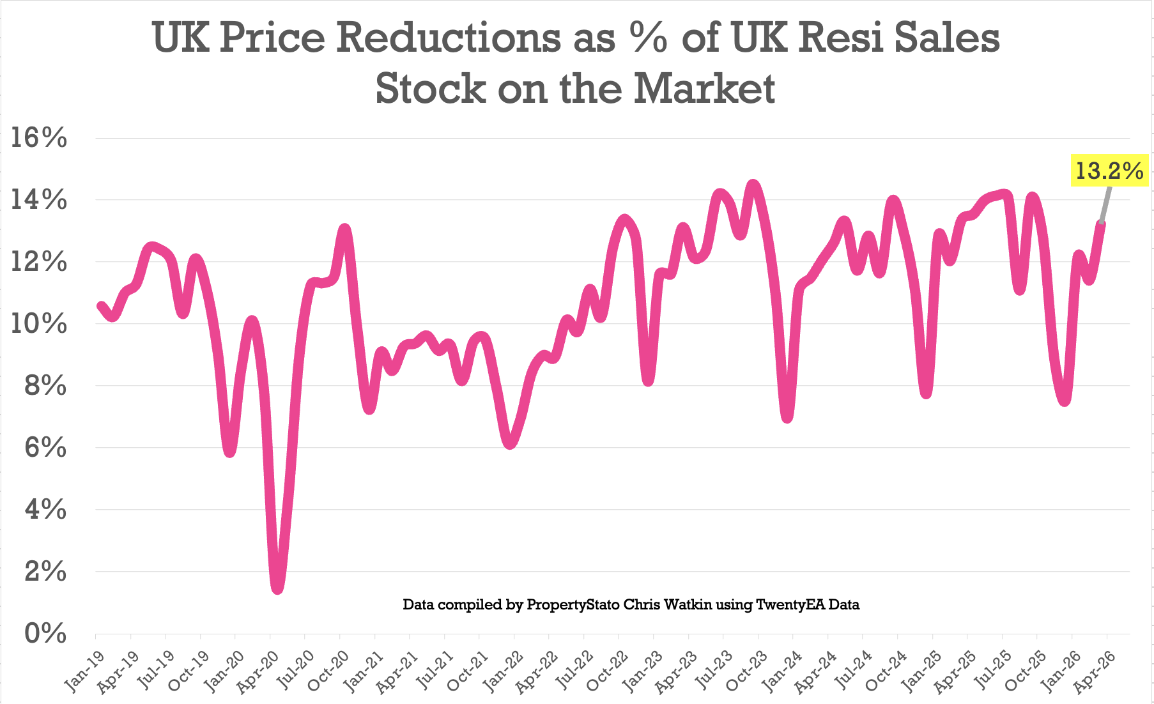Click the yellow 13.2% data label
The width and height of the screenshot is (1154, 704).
coord(1109,171)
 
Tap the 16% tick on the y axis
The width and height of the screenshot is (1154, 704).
coord(39,138)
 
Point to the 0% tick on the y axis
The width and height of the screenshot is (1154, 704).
coord(45,634)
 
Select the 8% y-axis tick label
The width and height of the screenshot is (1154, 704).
coord(45,386)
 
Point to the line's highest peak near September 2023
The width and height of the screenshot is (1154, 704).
coord(754,185)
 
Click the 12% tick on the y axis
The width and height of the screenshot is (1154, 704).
coord(39,262)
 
